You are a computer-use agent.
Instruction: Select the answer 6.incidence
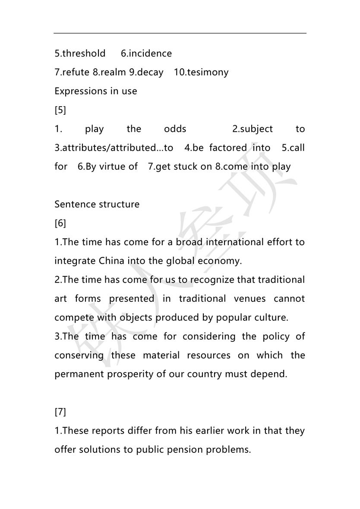click(x=146, y=54)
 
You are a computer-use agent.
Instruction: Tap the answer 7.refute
click(x=72, y=72)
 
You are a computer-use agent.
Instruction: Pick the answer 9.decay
click(x=146, y=72)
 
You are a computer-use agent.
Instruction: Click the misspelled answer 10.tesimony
click(x=201, y=72)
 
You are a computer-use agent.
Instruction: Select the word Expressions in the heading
click(x=79, y=91)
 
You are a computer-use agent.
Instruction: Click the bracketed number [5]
click(x=60, y=110)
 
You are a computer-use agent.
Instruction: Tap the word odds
click(x=175, y=129)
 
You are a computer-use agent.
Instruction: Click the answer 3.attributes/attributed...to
click(x=114, y=148)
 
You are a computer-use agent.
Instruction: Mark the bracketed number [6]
click(x=60, y=223)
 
